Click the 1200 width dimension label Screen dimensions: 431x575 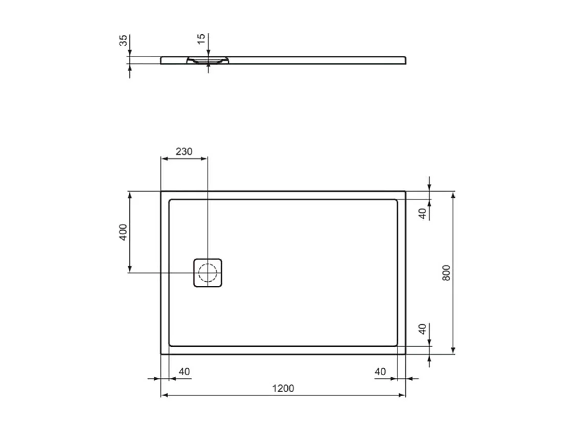tap(283, 388)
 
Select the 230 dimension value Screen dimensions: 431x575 tap(184, 151)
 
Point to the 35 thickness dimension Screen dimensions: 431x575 tap(123, 41)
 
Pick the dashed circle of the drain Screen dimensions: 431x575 tap(208, 273)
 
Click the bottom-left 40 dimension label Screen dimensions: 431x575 tap(185, 372)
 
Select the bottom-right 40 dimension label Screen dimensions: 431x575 tap(380, 372)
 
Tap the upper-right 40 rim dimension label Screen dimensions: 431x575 tap(422, 214)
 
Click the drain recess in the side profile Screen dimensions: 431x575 tap(208, 61)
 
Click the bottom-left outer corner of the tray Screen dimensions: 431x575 tap(162, 354)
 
